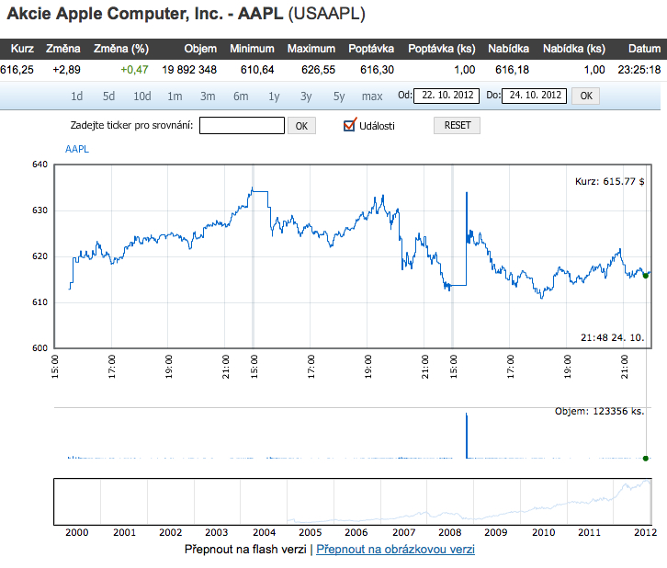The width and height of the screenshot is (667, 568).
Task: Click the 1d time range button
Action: [x=77, y=96]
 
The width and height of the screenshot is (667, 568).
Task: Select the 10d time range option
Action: [x=141, y=96]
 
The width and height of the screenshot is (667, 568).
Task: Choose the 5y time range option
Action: [x=339, y=96]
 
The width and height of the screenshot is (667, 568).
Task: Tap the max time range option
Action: [x=372, y=96]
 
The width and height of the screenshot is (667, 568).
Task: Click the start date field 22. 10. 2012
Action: [x=446, y=95]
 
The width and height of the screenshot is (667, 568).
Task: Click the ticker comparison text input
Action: [x=242, y=126]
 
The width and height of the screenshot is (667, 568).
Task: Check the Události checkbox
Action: [x=349, y=125]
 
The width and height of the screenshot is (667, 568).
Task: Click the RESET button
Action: [x=457, y=126]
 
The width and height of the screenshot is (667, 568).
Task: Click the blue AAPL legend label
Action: [x=78, y=149]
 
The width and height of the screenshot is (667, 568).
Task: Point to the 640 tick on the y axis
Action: [x=40, y=165]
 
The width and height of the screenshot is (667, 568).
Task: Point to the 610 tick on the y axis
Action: [x=40, y=302]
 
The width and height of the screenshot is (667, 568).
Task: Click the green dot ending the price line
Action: [x=646, y=275]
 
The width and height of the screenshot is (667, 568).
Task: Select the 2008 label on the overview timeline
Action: [x=448, y=532]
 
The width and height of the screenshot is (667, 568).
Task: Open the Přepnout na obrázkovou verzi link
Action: [x=395, y=550]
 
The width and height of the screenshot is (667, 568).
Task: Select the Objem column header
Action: [x=200, y=48]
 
